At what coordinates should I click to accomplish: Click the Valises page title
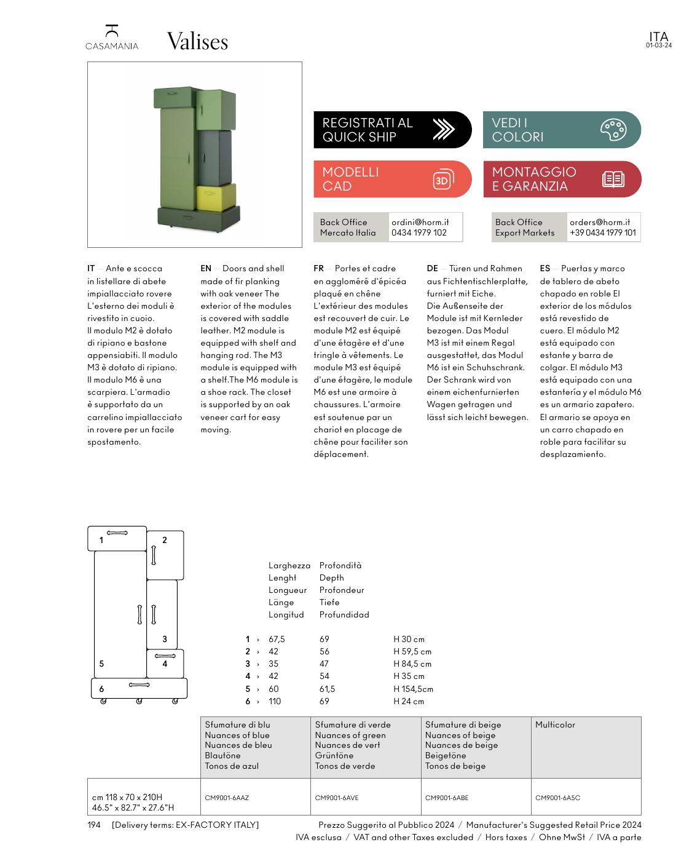click(x=197, y=42)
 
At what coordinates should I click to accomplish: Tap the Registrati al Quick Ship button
click(x=392, y=130)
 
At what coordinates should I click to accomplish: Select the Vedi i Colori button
click(x=561, y=130)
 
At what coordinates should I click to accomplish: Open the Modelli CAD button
click(x=392, y=179)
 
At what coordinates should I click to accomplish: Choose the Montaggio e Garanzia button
click(x=561, y=179)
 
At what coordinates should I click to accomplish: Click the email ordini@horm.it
click(x=420, y=222)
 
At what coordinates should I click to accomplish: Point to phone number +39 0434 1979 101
click(x=602, y=232)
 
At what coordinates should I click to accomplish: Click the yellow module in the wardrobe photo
click(x=216, y=196)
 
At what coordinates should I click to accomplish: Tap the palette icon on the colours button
click(x=613, y=130)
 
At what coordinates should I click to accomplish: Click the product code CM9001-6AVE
click(x=336, y=798)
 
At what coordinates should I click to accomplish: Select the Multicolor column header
click(x=555, y=724)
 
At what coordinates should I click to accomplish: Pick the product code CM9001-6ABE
click(x=446, y=798)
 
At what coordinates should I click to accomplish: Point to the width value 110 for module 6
click(x=275, y=701)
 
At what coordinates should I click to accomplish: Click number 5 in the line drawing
click(x=101, y=664)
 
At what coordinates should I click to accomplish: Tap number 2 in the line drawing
click(x=165, y=540)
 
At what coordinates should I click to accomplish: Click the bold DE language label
click(x=432, y=268)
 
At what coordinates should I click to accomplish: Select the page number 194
click(x=93, y=825)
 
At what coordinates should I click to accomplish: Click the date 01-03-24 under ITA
click(x=658, y=46)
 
